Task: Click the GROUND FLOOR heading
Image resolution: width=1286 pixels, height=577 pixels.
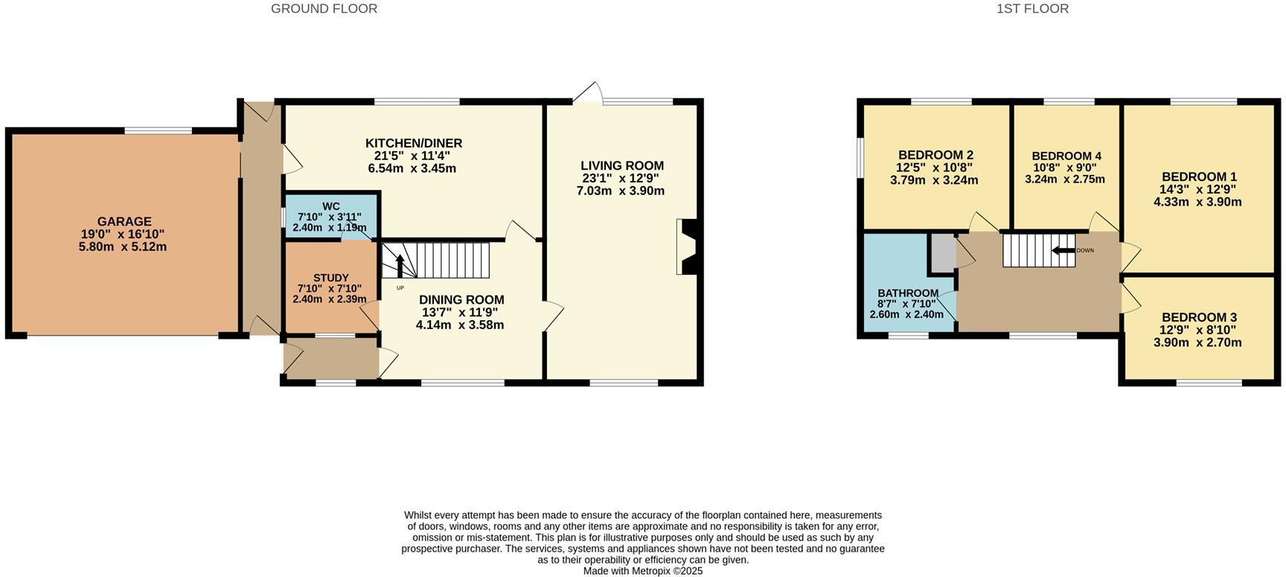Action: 324,9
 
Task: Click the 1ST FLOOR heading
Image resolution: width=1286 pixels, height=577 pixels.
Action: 1032,9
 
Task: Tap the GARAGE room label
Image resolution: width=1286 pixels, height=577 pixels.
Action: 124,221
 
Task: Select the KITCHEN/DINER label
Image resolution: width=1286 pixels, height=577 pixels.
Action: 413,143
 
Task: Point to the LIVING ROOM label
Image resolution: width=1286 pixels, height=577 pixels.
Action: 621,165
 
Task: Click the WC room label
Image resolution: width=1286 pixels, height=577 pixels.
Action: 331,206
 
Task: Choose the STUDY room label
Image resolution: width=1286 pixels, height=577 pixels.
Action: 330,278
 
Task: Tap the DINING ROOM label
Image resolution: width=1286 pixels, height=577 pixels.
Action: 461,299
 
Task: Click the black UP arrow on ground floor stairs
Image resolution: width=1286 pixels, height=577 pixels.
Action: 400,265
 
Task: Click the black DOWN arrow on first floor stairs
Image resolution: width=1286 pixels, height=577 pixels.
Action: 1063,250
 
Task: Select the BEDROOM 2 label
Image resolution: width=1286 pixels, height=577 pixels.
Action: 935,155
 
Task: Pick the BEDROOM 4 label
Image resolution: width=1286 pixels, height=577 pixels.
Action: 1066,156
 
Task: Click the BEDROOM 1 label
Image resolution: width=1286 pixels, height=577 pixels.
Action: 1198,176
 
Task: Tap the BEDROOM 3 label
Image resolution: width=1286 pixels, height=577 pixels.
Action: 1198,317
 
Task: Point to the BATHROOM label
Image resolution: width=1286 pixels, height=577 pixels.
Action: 908,293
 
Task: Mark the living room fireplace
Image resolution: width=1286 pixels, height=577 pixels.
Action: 686,247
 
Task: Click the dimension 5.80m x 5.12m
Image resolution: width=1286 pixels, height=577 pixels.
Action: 123,246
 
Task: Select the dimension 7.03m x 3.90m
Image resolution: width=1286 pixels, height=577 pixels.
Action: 620,191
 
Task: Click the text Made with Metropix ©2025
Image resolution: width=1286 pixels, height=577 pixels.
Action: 642,571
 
